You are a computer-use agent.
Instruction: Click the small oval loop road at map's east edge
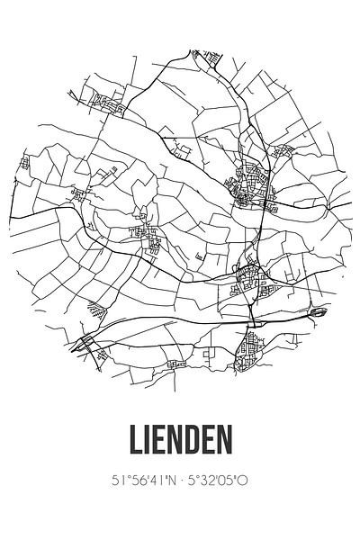tap(319, 313)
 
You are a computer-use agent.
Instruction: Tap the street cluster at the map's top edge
tap(212, 58)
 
